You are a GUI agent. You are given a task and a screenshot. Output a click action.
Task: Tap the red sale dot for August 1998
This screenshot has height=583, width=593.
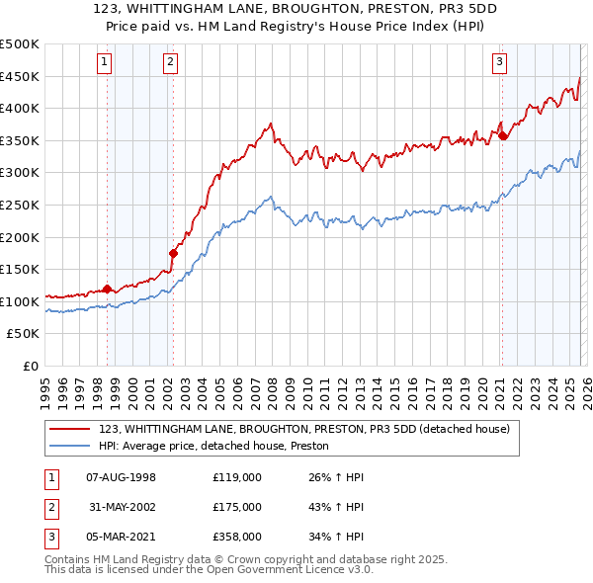coord(108,290)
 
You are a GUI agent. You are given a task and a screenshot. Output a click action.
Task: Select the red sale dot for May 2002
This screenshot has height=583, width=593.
coord(173,253)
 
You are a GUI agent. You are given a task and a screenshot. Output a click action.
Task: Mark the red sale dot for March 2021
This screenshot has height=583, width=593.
coord(502,135)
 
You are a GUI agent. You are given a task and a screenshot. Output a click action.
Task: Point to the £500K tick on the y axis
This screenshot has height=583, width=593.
coord(20,44)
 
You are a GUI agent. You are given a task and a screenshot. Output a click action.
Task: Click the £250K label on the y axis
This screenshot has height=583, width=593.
coord(20,205)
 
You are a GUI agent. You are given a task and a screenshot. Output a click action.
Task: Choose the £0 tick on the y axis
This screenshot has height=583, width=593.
coord(31,366)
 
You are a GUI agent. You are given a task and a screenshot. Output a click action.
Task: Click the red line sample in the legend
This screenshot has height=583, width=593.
coord(71,429)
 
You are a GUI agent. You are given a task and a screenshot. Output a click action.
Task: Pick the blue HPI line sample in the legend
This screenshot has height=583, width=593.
coord(71,447)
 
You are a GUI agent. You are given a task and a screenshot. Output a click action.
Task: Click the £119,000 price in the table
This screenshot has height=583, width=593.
coord(236,477)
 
